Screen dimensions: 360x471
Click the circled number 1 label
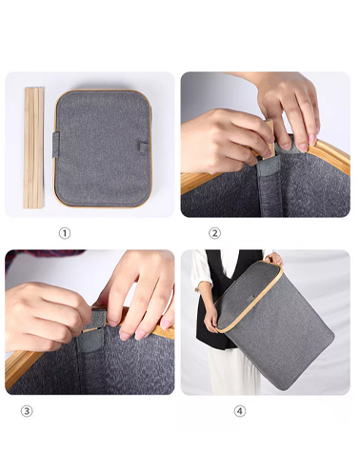65,233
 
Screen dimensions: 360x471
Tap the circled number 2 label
214,233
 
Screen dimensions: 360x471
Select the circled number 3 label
27,411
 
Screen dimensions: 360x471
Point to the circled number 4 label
240,411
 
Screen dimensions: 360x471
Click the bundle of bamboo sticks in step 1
33,147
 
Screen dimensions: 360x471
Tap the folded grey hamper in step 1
103,148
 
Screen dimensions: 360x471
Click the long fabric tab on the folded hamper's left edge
56,145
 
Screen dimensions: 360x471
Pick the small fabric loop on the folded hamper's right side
143,147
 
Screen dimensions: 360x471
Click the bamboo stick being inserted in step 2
270,137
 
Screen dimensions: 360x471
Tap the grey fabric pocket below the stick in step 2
269,167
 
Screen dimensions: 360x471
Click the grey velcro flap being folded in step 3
94,320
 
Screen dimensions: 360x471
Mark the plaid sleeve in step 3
41,256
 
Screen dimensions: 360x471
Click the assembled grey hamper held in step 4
273,324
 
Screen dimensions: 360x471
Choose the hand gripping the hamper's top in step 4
274,259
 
